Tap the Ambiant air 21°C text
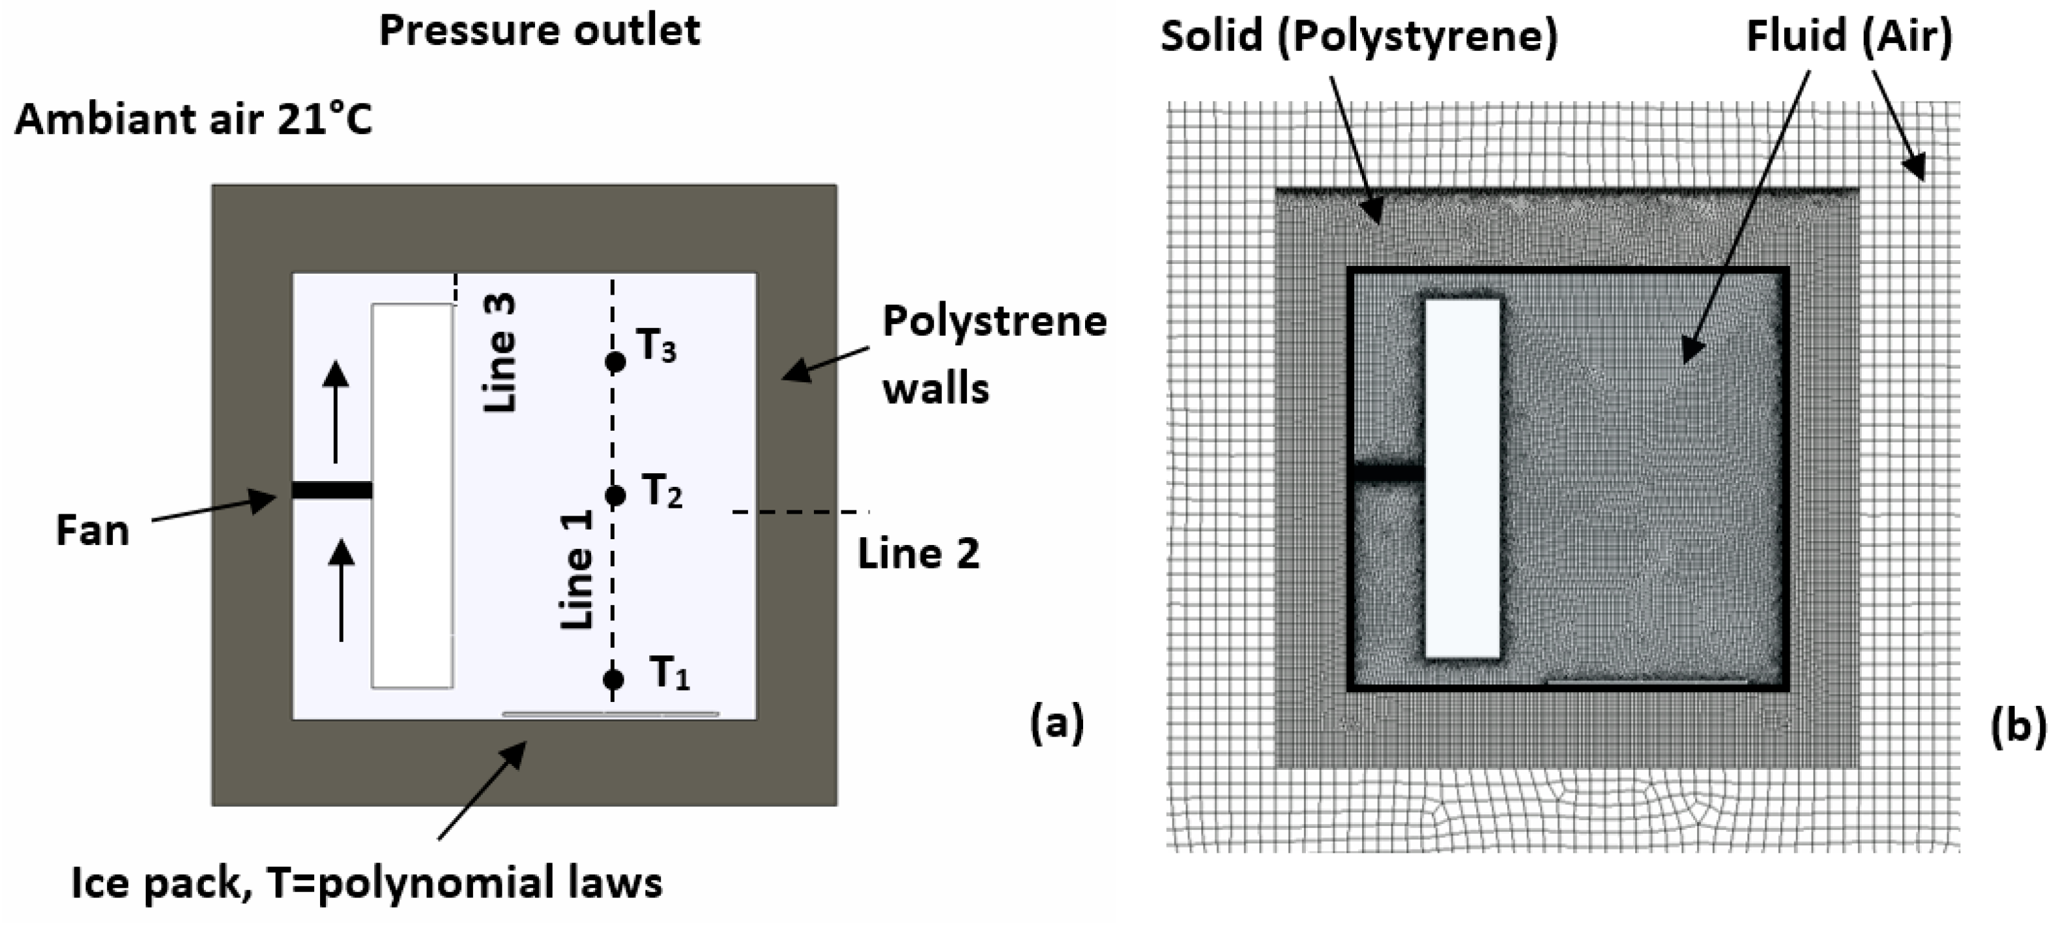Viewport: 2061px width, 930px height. coord(193,120)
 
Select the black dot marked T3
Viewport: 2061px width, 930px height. coord(615,362)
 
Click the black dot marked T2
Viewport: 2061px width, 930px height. coord(615,496)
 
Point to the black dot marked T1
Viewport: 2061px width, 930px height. coord(613,680)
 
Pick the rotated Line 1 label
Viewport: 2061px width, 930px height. coord(577,569)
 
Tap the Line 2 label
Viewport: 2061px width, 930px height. coord(918,554)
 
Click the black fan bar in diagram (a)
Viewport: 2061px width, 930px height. coord(331,490)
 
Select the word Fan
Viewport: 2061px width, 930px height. coord(93,531)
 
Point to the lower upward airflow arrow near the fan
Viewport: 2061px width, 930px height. coord(342,590)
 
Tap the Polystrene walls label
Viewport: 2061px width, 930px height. coord(994,356)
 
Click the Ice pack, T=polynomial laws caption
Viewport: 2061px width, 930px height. coord(366,884)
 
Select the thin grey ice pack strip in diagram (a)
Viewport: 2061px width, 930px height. coord(609,713)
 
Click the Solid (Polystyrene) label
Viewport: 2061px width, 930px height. coord(1359,36)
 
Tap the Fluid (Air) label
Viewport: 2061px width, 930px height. coord(1849,36)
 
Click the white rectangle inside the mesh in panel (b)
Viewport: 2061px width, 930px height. coord(1463,478)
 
